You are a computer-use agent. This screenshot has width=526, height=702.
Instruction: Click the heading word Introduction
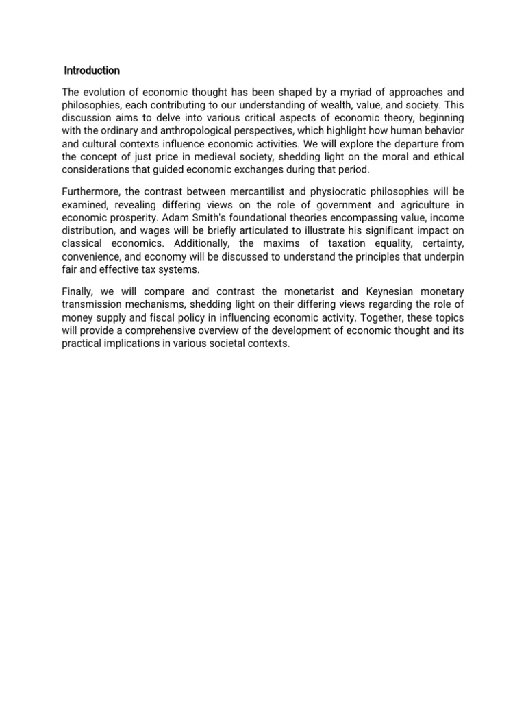tap(92, 71)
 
